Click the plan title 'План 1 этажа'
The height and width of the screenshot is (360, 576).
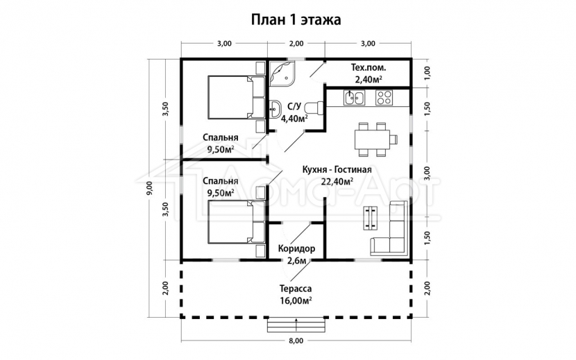pos(296,20)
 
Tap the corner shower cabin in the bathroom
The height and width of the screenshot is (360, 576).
pos(282,74)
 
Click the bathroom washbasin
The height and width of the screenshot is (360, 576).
pos(275,109)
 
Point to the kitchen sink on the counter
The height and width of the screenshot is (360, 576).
pos(354,98)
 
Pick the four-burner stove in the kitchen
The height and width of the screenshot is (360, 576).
pos(384,98)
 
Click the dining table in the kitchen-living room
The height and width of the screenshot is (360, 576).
pos(372,139)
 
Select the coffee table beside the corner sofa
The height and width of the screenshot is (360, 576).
pos(371,218)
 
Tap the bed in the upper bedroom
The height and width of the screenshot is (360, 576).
pos(237,97)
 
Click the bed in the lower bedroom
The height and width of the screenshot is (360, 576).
pos(237,222)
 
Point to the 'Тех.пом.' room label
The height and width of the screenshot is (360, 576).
pos(368,67)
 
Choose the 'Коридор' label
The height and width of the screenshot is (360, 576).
pos(296,249)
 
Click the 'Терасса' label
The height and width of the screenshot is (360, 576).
pos(296,289)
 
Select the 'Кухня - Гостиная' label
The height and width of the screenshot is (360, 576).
pos(337,170)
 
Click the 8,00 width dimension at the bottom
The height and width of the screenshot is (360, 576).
pos(296,341)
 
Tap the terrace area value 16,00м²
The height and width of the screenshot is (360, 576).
pos(296,300)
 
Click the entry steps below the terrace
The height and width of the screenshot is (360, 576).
pos(296,325)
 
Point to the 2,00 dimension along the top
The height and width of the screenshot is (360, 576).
pos(296,43)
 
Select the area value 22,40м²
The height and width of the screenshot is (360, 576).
pos(337,182)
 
